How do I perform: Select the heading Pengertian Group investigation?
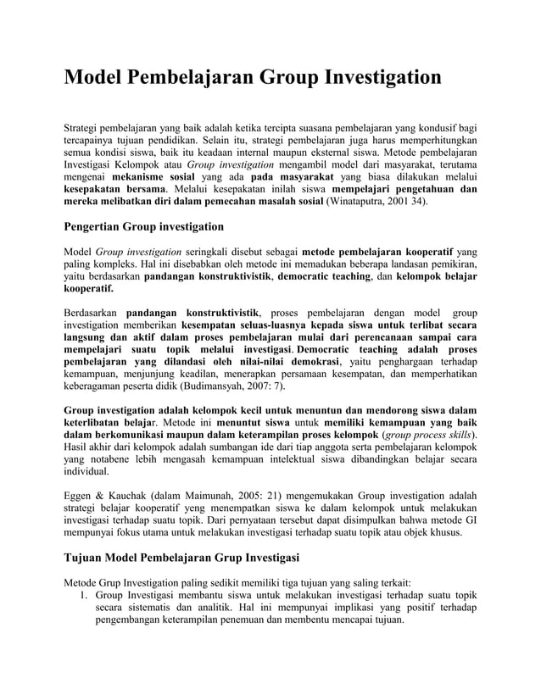pos(144,226)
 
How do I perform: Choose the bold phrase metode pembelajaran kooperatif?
pos(377,252)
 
